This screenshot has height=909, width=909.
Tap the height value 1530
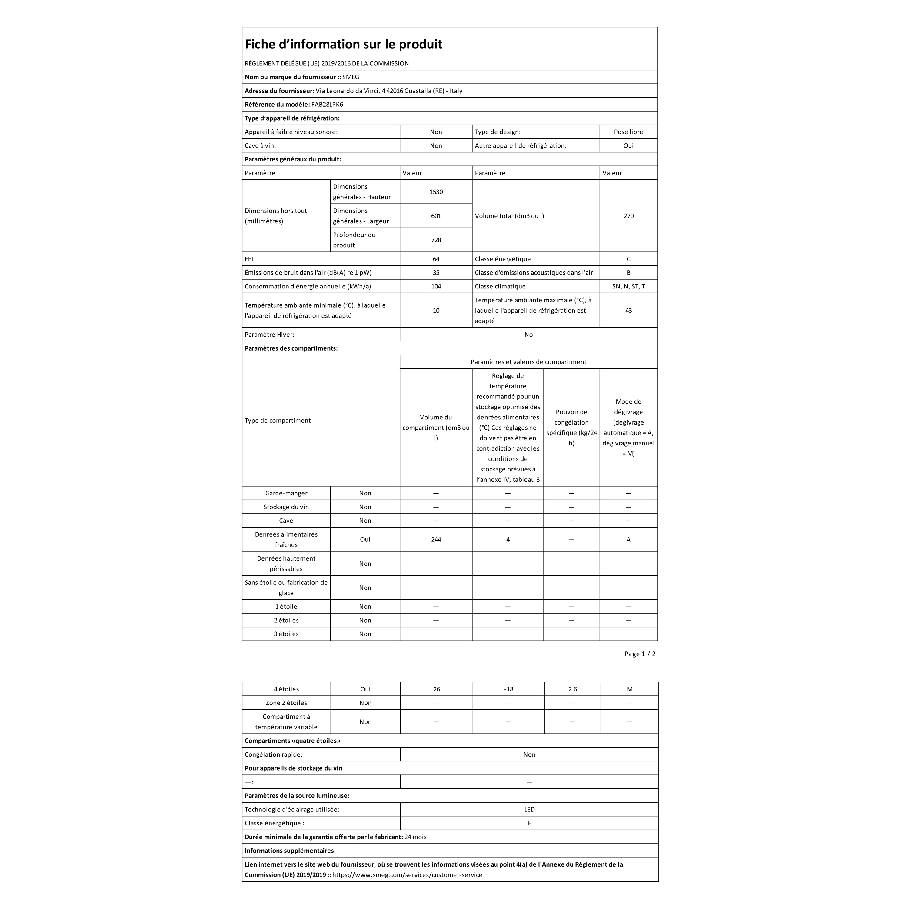click(436, 192)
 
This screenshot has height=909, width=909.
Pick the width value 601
click(436, 216)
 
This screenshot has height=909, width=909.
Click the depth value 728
click(436, 240)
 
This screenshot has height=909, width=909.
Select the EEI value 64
click(436, 259)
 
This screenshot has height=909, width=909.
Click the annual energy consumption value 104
click(436, 286)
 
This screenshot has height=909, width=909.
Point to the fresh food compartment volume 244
click(436, 539)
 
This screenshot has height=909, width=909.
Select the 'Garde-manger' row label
click(286, 493)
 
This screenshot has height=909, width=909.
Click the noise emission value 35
click(436, 272)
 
